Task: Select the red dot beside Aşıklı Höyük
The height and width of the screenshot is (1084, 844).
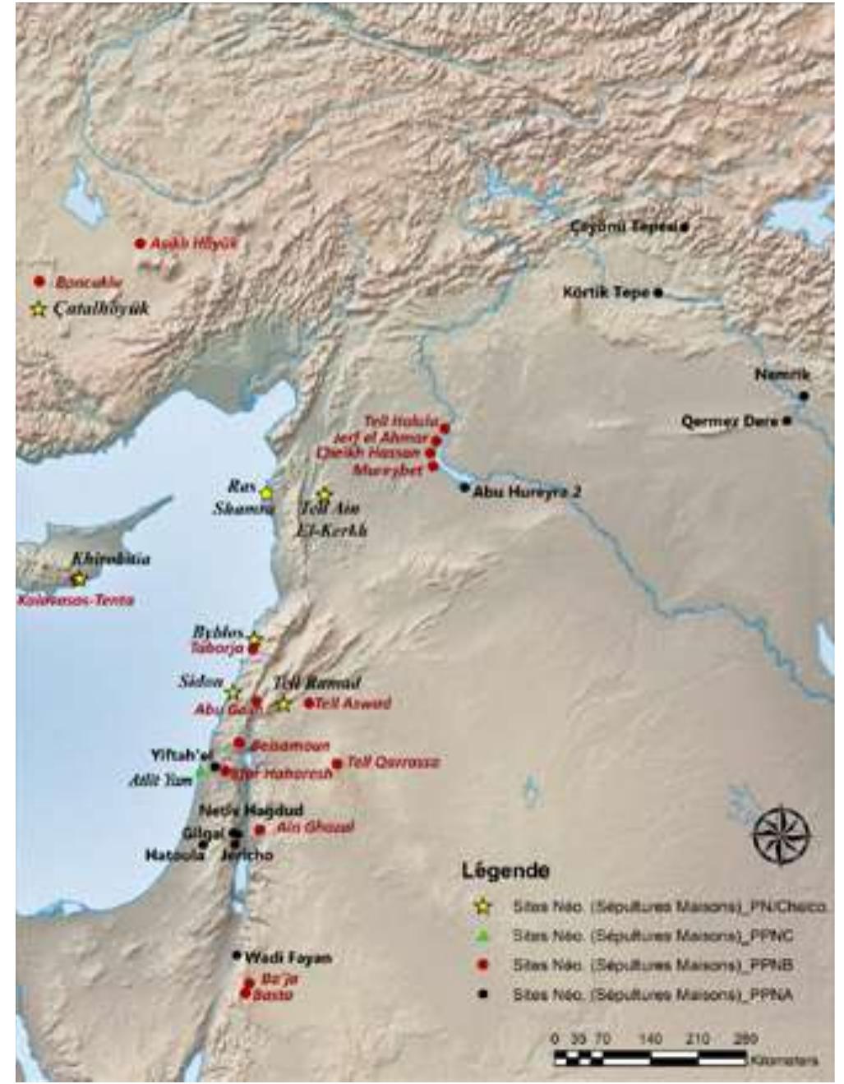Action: coord(140,243)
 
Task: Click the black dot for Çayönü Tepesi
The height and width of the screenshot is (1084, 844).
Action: coord(684,227)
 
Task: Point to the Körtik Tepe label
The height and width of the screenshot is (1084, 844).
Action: coord(606,292)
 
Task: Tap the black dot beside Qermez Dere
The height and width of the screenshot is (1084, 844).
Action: coord(786,421)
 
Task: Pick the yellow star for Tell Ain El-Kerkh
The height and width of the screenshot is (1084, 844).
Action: coord(324,495)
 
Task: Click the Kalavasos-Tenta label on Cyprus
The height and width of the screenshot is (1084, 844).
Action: coord(76,601)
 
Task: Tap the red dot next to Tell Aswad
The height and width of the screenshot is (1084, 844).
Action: coord(309,703)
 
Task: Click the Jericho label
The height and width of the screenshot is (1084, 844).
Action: coord(247,856)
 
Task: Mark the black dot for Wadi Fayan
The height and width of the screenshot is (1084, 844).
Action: coord(237,955)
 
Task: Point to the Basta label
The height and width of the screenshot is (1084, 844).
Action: coord(273,996)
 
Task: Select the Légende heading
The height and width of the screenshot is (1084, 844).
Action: coord(505,870)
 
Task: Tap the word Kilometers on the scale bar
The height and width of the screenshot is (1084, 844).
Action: coord(784,1060)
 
